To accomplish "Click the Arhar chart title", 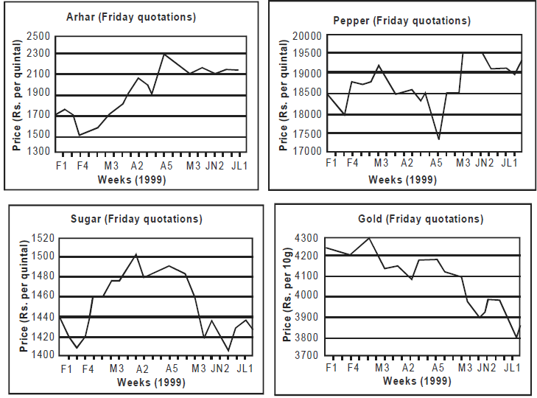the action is click(x=131, y=17).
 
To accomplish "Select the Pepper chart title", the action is click(x=401, y=21).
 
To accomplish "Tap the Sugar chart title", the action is click(x=136, y=219).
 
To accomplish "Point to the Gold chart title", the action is click(x=421, y=219).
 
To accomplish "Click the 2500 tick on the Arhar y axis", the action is click(x=38, y=35).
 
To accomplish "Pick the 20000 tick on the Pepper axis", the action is click(x=307, y=35).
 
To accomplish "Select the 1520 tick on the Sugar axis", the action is click(x=43, y=237).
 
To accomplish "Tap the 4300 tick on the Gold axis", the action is click(x=306, y=237).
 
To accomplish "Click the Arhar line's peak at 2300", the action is click(x=164, y=54).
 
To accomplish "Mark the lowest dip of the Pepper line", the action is click(x=439, y=139).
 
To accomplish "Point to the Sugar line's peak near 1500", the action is click(x=136, y=254).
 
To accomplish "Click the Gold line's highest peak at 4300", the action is click(x=369, y=238).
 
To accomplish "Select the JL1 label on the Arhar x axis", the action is click(x=239, y=166).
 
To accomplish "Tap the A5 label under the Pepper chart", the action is click(x=436, y=162).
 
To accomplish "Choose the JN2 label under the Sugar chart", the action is click(x=220, y=369).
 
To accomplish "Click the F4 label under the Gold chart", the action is click(x=353, y=368).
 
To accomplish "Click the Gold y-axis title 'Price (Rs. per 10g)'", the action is click(x=287, y=296).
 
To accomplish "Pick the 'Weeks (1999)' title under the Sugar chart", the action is click(x=151, y=383).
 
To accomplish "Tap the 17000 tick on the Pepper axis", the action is click(x=307, y=151).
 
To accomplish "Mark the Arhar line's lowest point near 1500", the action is click(x=80, y=135).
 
